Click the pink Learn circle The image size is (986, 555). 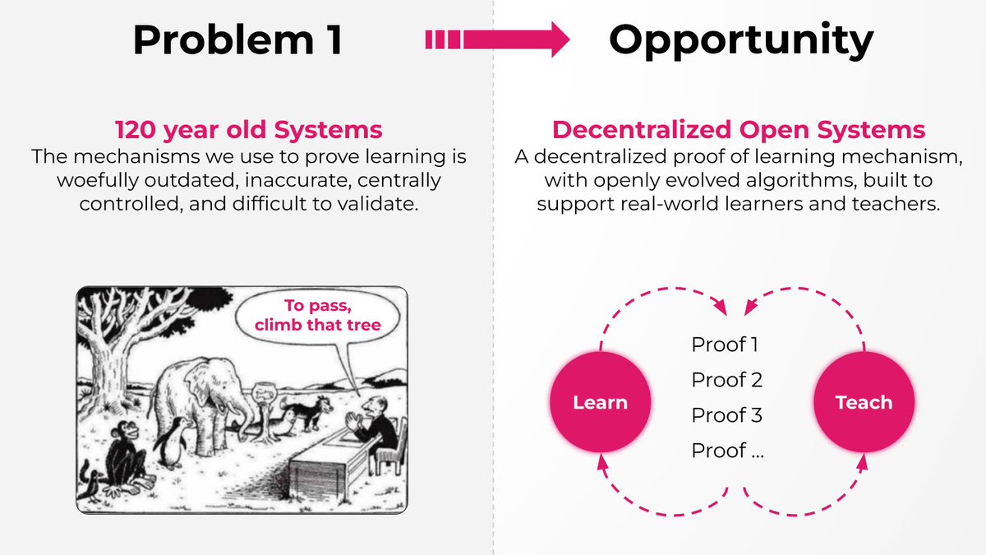point(600,402)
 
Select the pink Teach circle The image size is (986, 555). point(863,402)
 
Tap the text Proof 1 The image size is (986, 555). point(725,345)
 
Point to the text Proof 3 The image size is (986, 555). point(726,415)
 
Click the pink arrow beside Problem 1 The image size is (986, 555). point(496,39)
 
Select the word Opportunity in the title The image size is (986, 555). point(740,39)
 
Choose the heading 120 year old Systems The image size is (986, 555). point(248,130)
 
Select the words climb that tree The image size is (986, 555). point(318,325)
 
